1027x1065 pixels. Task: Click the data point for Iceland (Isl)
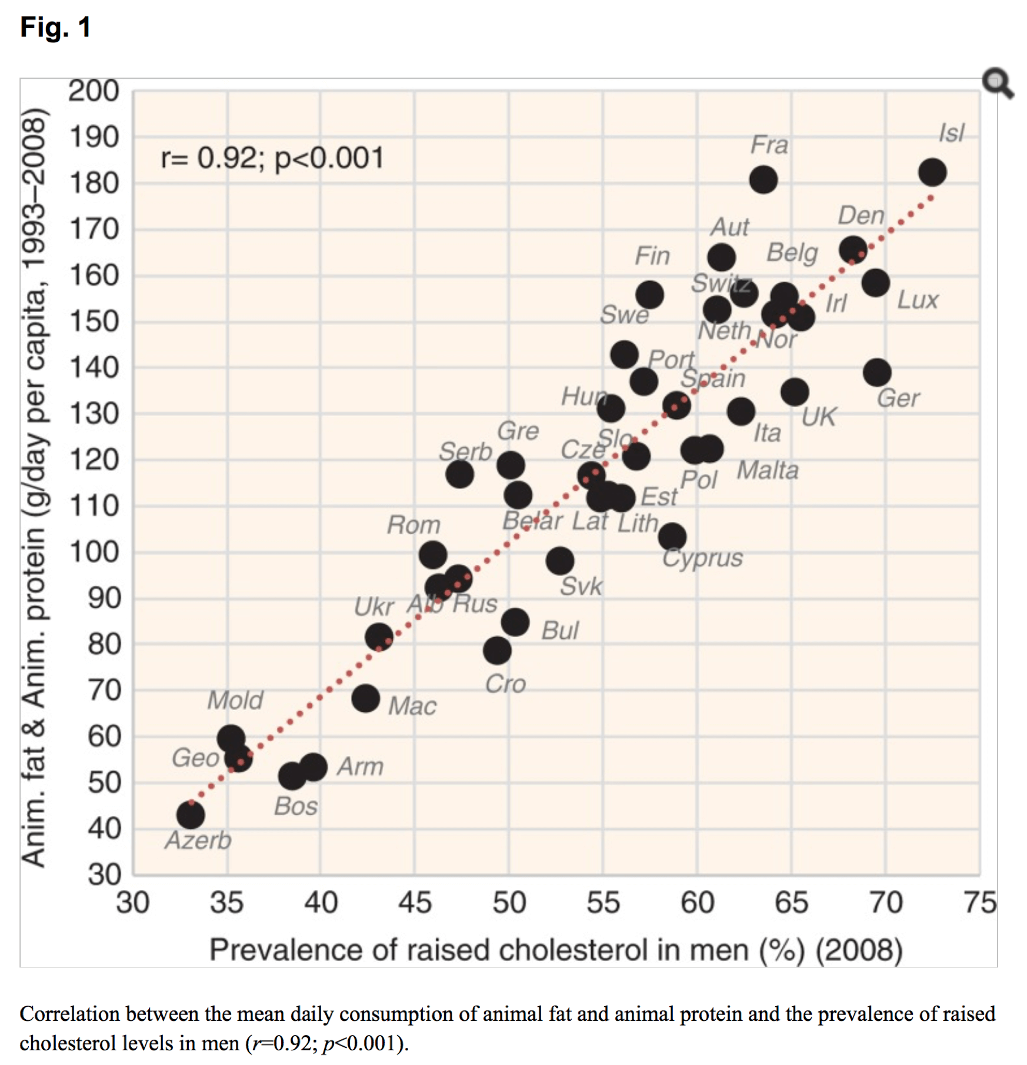932,173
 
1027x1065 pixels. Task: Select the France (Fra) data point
763,180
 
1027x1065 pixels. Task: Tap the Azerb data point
191,815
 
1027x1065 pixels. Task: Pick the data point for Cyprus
672,537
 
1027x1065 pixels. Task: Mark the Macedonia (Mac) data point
365,698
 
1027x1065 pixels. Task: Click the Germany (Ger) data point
876,373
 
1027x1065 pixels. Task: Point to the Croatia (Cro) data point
497,651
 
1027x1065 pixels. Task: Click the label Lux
917,300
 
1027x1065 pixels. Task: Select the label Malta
768,470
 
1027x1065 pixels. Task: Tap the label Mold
235,700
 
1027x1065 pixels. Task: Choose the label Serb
465,451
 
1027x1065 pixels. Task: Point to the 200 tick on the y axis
94,91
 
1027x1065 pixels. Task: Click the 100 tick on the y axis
94,552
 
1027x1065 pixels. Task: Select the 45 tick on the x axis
415,903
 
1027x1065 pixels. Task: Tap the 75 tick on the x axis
980,903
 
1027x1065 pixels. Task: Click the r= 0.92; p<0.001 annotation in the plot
272,158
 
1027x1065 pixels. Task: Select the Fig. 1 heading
55,27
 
